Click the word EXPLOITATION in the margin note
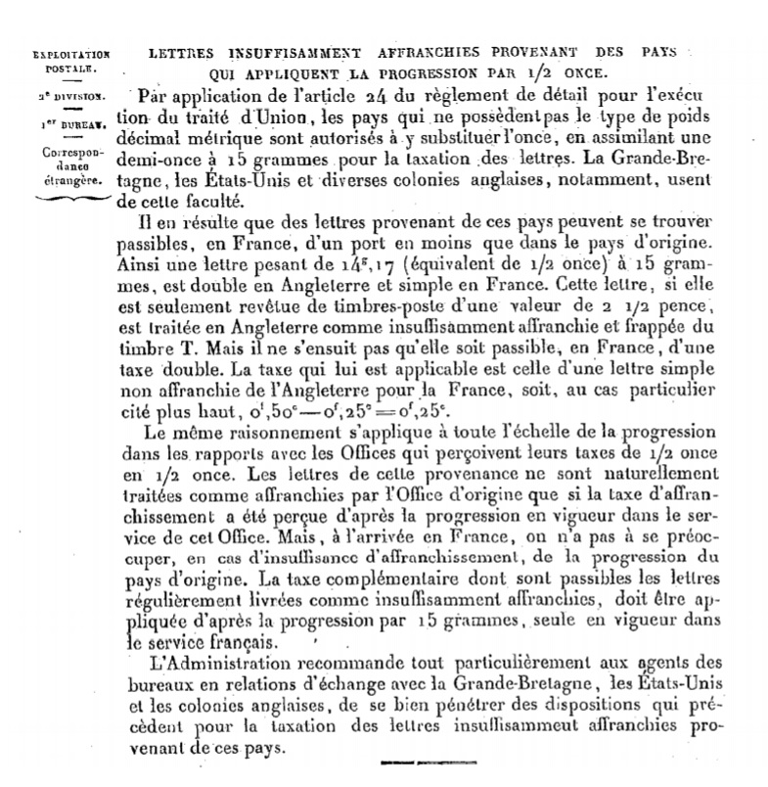[70, 56]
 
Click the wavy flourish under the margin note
[69, 199]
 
